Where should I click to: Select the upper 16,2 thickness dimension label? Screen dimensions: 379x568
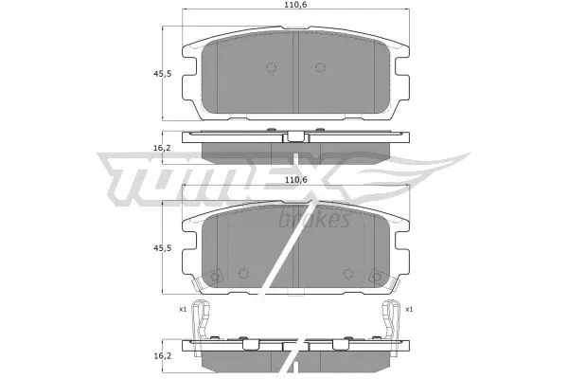(x=162, y=148)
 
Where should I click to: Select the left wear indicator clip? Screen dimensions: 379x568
(x=198, y=320)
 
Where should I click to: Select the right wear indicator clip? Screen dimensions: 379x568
(x=390, y=320)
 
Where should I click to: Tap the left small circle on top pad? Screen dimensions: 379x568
(x=272, y=67)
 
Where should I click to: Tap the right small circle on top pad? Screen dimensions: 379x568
(x=319, y=67)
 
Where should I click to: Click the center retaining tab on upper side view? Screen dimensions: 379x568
(x=295, y=135)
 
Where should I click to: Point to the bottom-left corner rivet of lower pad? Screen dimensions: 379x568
(x=215, y=277)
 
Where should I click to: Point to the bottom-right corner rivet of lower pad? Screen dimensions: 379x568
(x=376, y=277)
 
